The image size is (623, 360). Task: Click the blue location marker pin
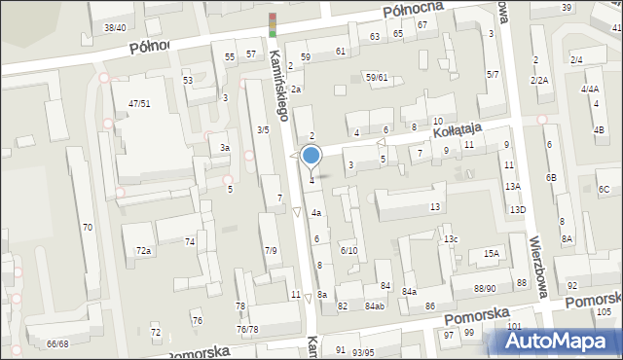[x=311, y=156]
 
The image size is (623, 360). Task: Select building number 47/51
[x=138, y=103]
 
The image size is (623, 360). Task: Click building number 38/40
[x=115, y=27]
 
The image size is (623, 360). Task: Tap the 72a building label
[x=143, y=251]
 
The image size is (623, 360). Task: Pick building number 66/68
[x=57, y=344]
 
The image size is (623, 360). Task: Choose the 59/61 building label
[x=377, y=77]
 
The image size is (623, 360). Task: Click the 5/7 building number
[x=493, y=74]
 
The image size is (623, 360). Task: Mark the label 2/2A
[x=539, y=80]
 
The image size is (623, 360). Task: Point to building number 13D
[x=517, y=209]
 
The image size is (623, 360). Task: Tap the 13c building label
[x=450, y=238]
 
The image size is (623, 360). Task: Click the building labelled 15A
[x=491, y=254]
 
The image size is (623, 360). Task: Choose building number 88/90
[x=485, y=288]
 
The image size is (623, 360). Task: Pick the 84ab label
[x=375, y=306]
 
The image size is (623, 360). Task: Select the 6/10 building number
[x=348, y=250]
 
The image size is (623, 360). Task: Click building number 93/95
[x=363, y=351]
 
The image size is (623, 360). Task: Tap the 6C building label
[x=604, y=189]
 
